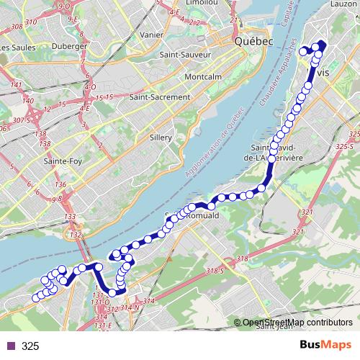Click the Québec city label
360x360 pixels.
[253, 42]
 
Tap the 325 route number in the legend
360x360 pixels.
[30, 346]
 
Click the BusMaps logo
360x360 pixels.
[325, 346]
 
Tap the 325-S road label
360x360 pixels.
[351, 146]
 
